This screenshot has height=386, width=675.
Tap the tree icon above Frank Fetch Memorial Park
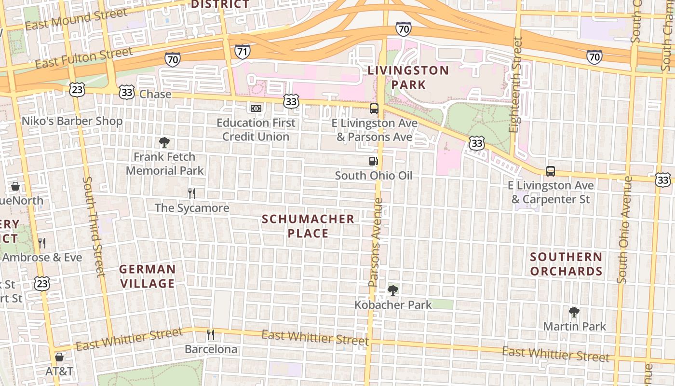(164, 142)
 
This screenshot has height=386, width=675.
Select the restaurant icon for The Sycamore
(192, 193)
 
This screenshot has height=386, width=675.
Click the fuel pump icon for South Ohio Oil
(373, 161)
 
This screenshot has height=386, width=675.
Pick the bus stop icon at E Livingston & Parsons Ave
(374, 109)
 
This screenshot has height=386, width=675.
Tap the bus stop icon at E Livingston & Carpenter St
(551, 171)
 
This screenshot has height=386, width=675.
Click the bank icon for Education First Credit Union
(256, 109)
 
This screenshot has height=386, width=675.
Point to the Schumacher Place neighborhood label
(308, 226)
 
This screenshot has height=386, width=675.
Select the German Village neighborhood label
(148, 276)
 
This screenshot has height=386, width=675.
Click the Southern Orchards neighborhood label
(566, 264)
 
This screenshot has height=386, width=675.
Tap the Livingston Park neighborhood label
(408, 77)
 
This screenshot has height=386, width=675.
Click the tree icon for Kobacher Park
(393, 290)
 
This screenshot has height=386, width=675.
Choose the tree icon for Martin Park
(574, 312)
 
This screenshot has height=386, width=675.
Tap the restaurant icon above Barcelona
(211, 334)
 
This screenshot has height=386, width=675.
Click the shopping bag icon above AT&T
(59, 357)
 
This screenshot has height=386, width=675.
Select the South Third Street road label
(94, 227)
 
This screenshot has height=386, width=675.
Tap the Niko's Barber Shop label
(72, 121)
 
